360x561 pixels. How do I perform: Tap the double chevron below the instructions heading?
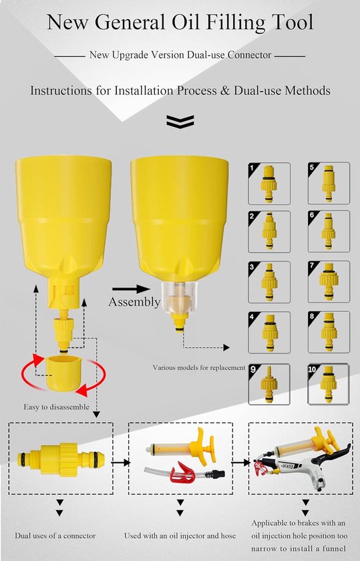point(180,122)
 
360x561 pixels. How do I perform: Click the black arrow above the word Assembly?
point(131,289)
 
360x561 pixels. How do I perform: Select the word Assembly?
point(134,302)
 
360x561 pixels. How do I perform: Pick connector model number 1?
point(269,183)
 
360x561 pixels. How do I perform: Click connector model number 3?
point(269,283)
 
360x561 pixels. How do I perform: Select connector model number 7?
point(329,282)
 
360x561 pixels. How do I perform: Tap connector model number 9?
point(269,383)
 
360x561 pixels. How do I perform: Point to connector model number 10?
point(329,384)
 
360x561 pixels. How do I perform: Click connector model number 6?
point(329,231)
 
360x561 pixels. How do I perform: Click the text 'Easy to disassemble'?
point(57,407)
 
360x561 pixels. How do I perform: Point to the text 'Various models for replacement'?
point(199,367)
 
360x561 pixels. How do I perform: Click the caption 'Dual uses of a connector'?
point(55,536)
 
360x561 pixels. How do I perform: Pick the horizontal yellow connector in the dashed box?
point(61,459)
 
